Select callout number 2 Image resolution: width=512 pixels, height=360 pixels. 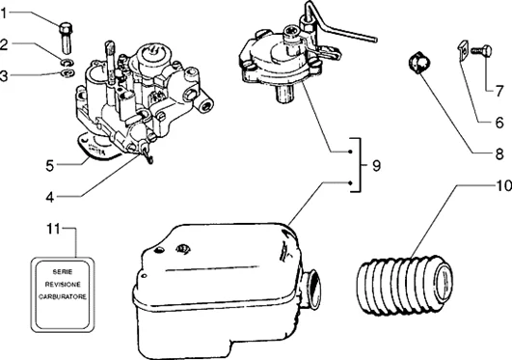tap(7, 44)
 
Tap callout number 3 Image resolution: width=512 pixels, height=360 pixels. tap(7, 75)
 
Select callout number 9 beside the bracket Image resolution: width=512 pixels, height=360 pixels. tap(376, 166)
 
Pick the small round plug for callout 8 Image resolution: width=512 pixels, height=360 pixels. tap(418, 65)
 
